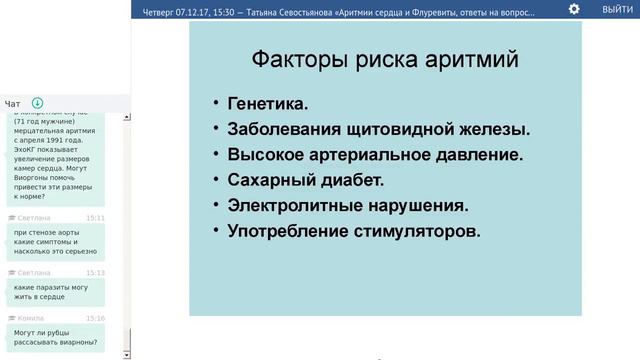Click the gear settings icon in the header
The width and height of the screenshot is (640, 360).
click(x=574, y=9)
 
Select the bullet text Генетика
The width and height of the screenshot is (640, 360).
click(x=267, y=104)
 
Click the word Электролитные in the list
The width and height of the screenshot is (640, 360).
click(x=300, y=205)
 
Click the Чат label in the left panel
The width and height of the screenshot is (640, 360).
click(x=13, y=104)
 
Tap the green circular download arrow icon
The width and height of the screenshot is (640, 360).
click(x=38, y=103)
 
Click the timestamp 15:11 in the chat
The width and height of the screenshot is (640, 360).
click(x=95, y=217)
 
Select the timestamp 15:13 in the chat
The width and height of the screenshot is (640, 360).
click(x=95, y=272)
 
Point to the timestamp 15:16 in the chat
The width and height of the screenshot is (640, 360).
click(x=95, y=318)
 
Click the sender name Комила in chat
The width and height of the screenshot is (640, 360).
click(x=31, y=318)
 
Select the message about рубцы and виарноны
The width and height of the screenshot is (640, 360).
click(x=55, y=337)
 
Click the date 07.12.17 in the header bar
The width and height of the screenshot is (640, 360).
click(x=208, y=9)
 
